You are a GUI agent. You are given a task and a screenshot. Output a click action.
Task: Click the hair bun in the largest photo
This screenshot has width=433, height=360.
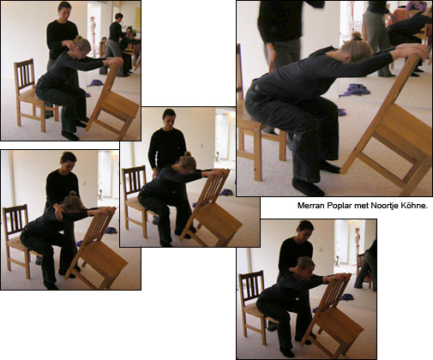(357, 36)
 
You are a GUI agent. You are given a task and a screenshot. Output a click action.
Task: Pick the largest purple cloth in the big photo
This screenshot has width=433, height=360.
(354, 90)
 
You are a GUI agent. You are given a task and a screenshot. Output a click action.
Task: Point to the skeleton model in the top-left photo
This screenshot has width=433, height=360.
(93, 36)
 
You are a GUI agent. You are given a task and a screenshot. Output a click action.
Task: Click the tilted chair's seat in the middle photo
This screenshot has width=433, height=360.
(220, 220)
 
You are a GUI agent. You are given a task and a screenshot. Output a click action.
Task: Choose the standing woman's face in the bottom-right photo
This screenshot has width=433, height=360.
(304, 231)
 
